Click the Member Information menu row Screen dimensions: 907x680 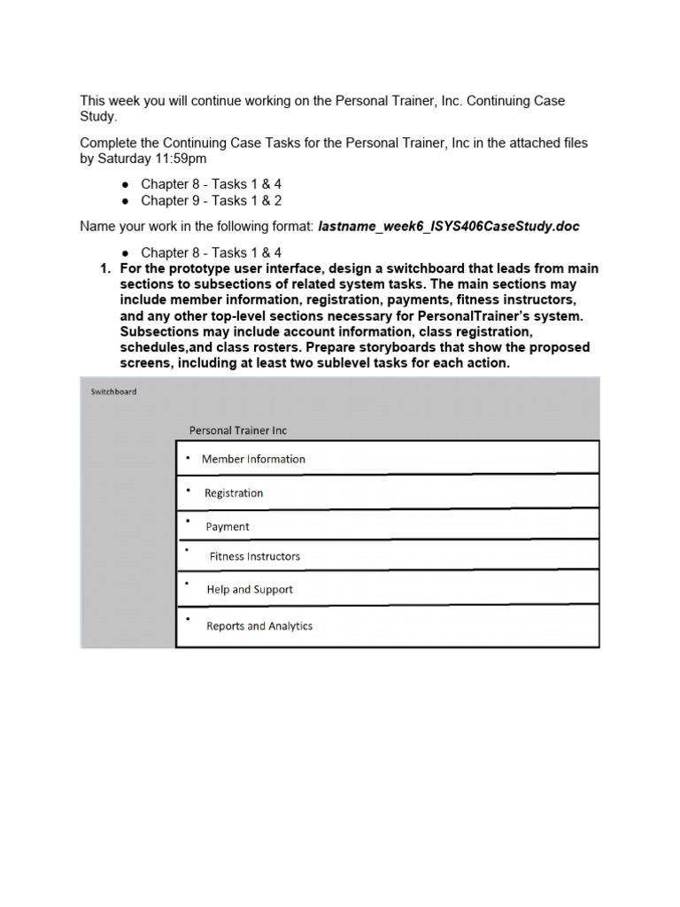[387, 458]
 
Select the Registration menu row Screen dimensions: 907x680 [387, 492]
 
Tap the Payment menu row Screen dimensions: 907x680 [387, 525]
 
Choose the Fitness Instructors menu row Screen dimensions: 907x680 [387, 555]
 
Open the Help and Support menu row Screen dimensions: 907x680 [387, 588]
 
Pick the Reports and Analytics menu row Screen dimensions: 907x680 [387, 625]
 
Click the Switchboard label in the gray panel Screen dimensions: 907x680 [113, 391]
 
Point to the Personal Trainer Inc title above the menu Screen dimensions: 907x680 [237, 430]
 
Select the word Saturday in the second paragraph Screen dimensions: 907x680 [124, 159]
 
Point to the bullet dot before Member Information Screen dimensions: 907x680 [188, 457]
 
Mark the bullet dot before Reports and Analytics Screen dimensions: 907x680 [188, 617]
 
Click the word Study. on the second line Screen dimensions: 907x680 [98, 117]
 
